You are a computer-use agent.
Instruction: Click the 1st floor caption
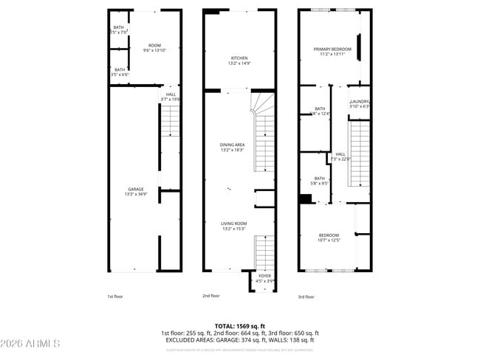(x=114, y=296)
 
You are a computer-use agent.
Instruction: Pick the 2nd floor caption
(x=211, y=296)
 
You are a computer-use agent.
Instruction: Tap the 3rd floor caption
(x=306, y=296)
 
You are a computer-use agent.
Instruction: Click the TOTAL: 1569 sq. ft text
(x=240, y=325)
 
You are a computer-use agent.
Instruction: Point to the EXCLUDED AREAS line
(x=240, y=340)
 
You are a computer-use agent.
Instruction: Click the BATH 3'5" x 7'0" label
(x=118, y=30)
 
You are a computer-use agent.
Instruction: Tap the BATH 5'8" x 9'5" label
(x=319, y=180)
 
